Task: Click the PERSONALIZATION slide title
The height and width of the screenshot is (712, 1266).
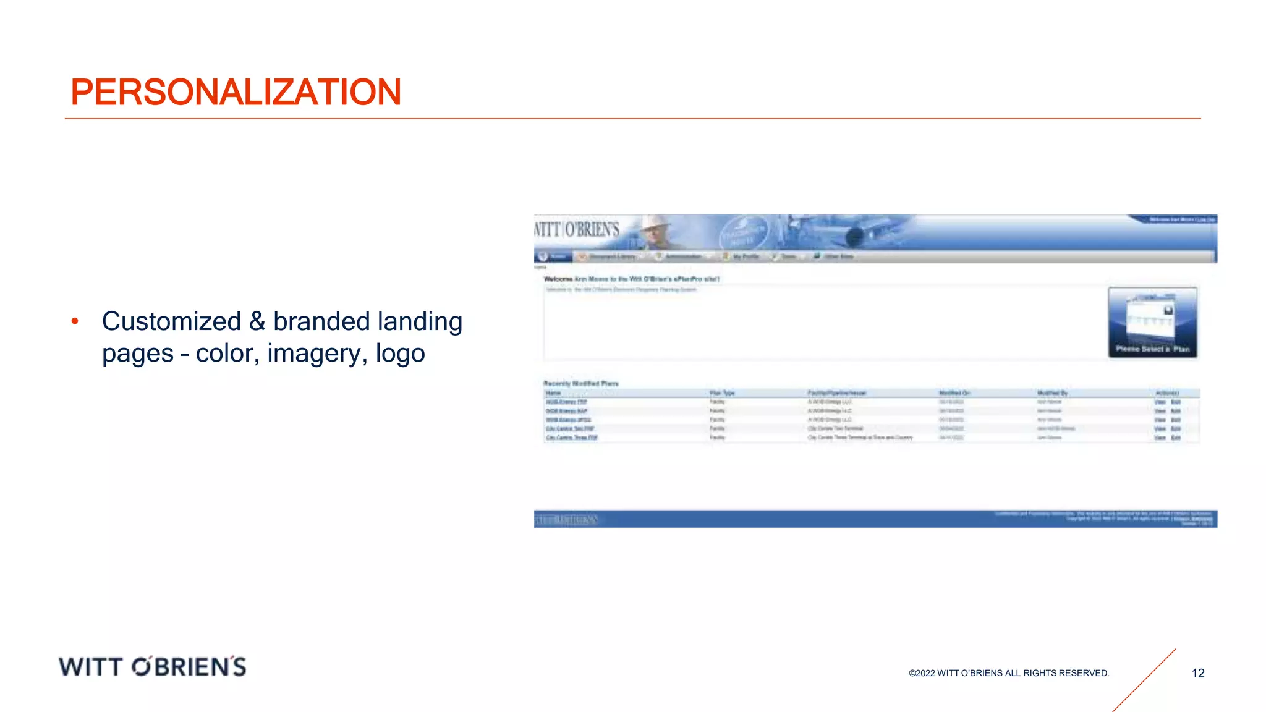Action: point(236,92)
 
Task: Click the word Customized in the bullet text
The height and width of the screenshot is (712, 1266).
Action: point(171,321)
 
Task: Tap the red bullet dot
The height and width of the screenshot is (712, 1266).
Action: point(75,321)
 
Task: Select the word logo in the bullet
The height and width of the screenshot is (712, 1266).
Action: point(400,354)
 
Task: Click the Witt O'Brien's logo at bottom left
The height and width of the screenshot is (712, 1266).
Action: point(153,666)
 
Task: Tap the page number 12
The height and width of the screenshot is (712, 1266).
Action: point(1198,673)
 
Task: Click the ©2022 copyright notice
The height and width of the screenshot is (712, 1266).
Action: point(1009,673)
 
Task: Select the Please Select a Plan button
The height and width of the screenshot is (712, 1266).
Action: point(1152,323)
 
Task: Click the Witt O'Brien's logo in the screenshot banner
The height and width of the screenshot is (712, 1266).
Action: point(577,230)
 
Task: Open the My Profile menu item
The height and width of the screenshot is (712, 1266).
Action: point(746,256)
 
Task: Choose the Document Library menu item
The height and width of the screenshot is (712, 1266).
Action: point(611,256)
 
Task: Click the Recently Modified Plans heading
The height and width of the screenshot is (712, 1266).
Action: point(580,383)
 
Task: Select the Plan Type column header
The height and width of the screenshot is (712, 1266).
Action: point(721,393)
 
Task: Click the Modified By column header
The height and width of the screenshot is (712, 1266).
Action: point(1052,393)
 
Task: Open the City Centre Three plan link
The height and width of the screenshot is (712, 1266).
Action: point(572,438)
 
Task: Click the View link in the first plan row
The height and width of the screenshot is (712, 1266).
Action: point(1160,402)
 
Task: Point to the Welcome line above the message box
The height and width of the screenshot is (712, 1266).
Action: point(631,279)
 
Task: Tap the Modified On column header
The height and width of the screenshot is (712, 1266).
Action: point(954,393)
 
